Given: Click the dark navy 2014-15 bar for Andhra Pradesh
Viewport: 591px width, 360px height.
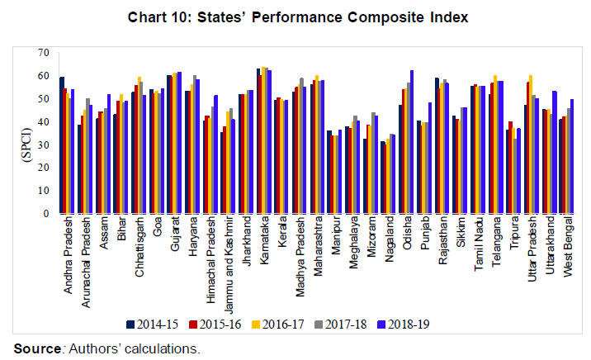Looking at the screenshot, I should (x=61, y=144).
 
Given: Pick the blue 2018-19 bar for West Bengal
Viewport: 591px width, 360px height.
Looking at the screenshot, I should (x=572, y=156).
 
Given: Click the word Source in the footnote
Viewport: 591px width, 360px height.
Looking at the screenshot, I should (x=34, y=348).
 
